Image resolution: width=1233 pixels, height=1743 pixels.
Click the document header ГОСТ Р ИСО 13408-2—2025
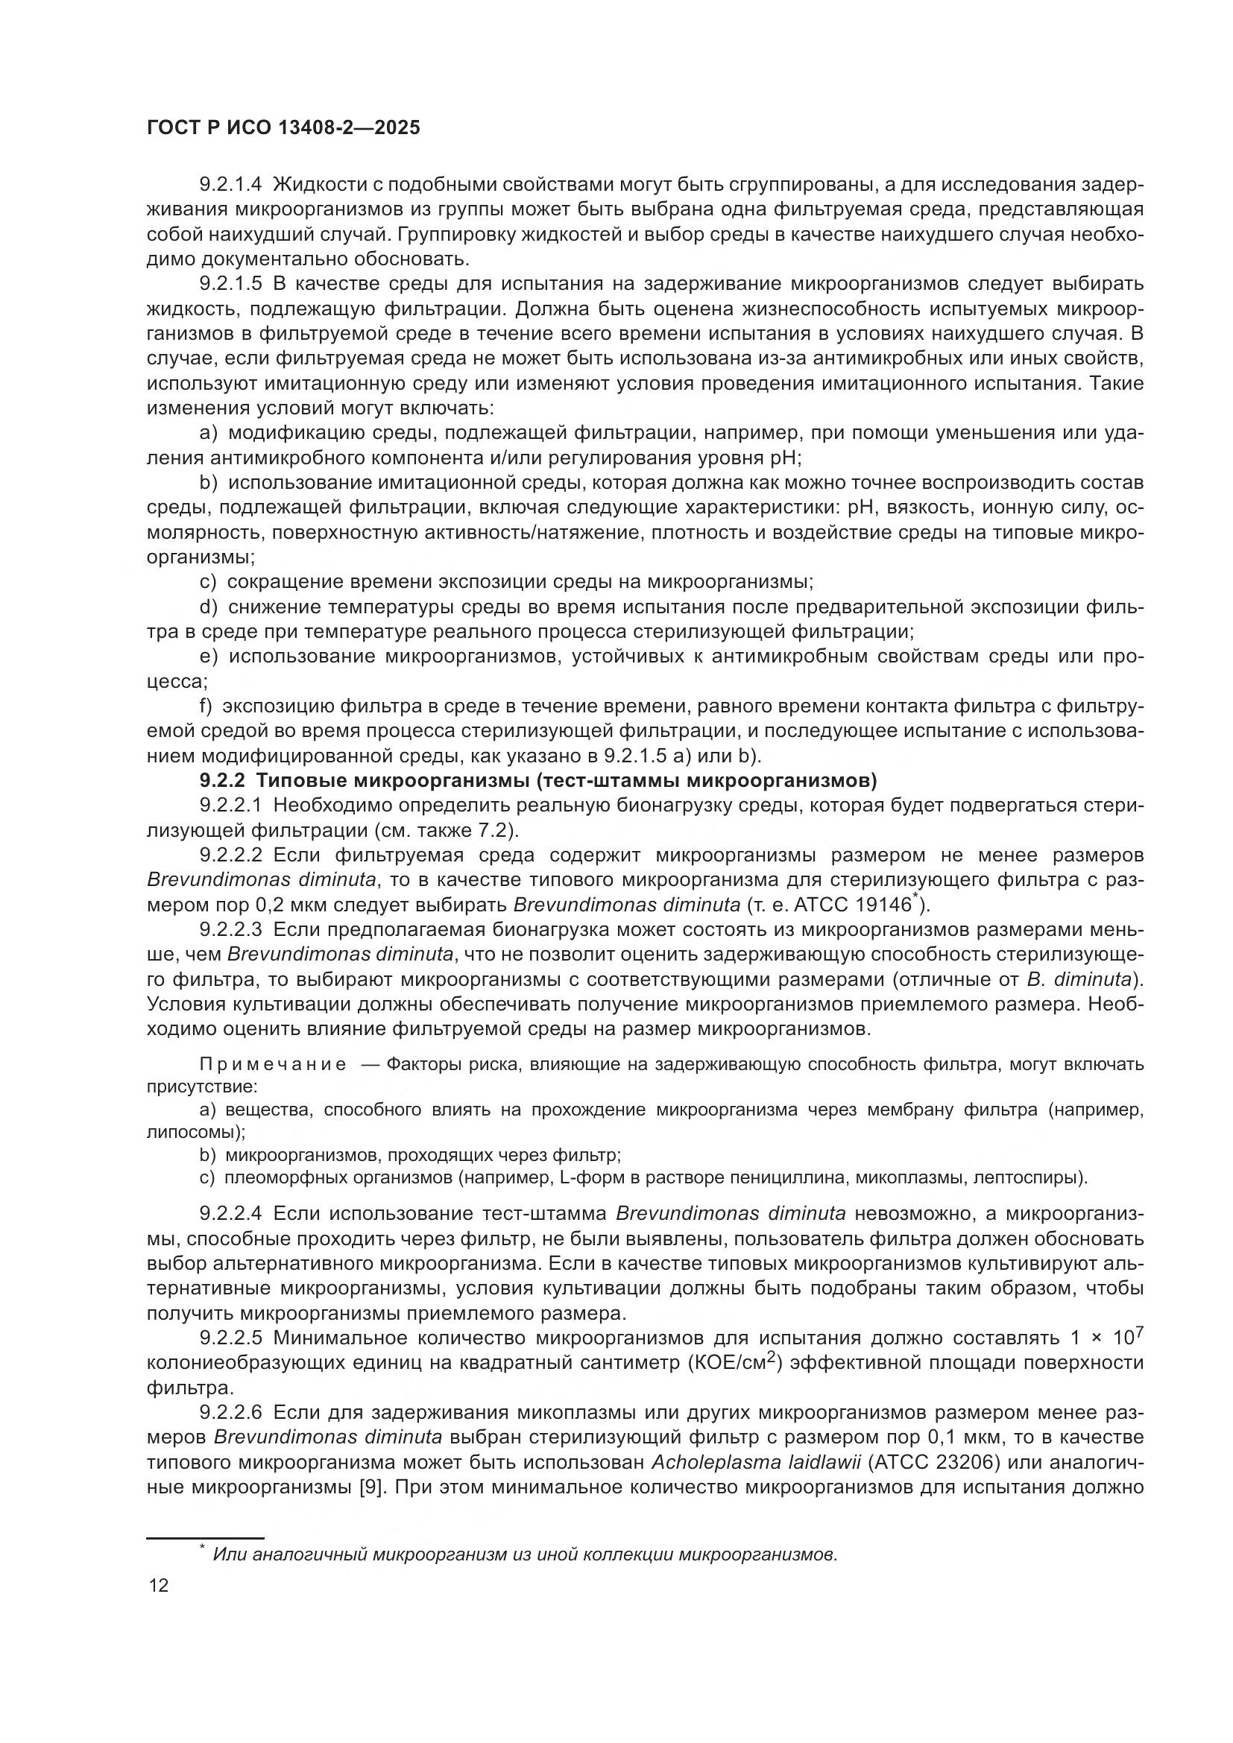[x=283, y=128]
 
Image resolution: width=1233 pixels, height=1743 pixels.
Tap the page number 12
[x=160, y=1585]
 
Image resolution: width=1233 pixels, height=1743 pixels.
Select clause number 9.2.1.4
[x=231, y=185]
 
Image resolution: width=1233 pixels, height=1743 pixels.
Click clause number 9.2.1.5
[x=231, y=284]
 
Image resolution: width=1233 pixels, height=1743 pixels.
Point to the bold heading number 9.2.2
[x=221, y=780]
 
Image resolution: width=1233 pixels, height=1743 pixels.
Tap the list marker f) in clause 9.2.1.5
[x=206, y=706]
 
